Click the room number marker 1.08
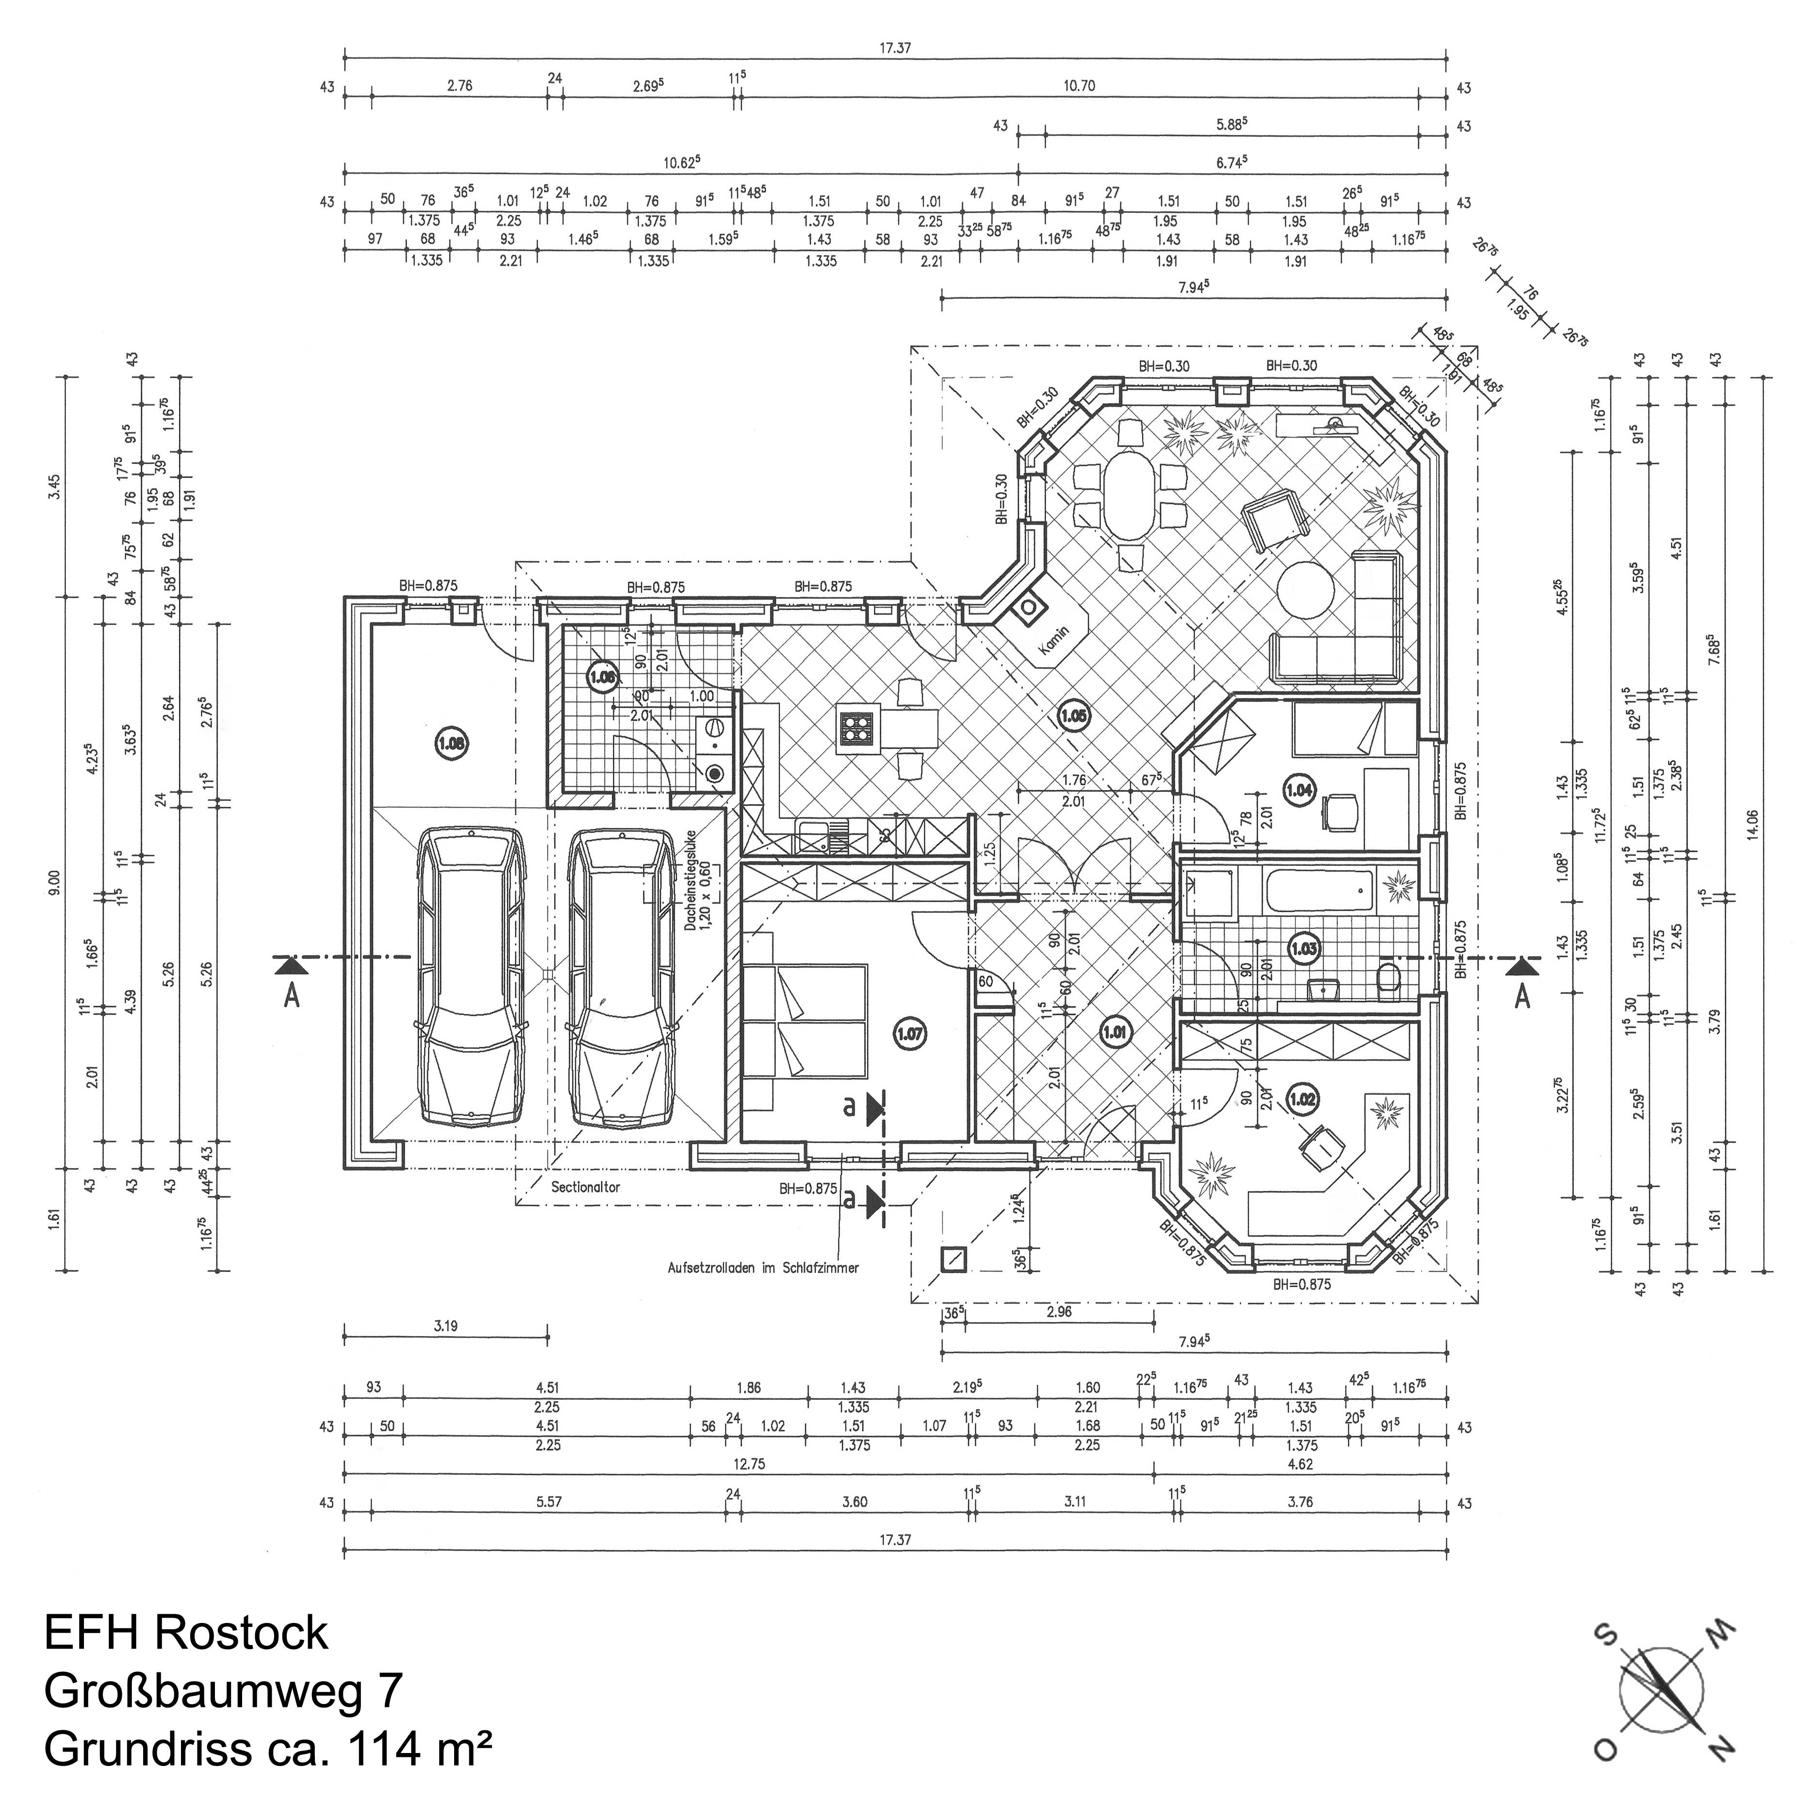coord(452,744)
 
